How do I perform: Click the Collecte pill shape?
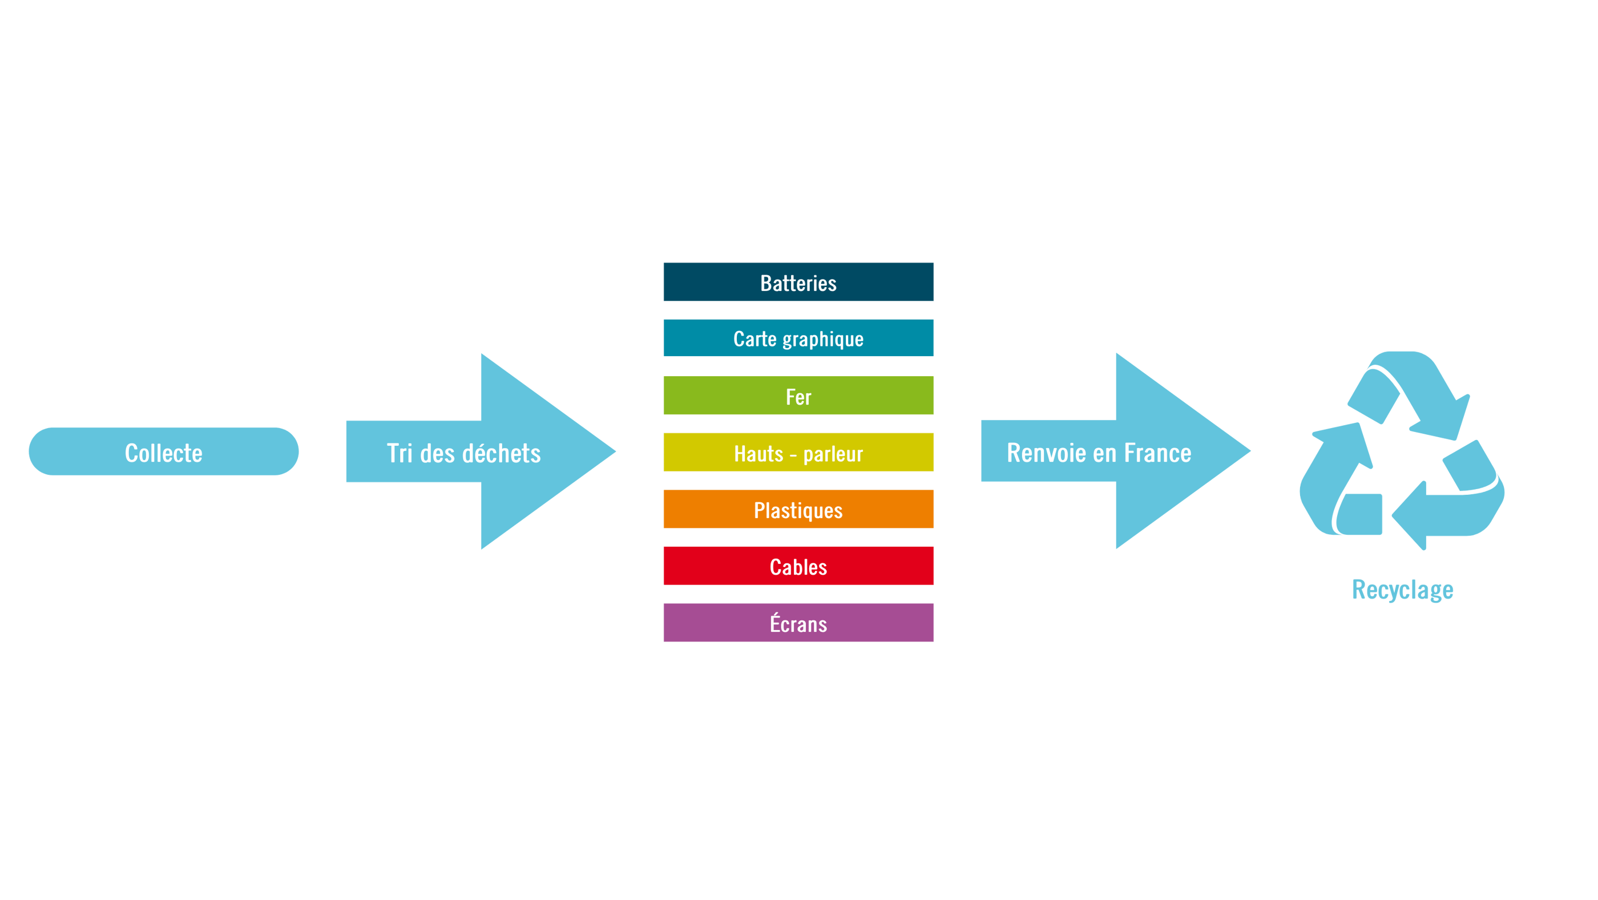coord(163,451)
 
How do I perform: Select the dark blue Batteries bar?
coord(798,282)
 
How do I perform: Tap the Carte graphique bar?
coord(798,338)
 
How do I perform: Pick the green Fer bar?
coord(798,395)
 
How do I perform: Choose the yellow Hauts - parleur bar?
coord(798,453)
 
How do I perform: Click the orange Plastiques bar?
coord(798,509)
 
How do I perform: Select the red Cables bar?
coord(798,566)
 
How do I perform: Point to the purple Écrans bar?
coord(798,623)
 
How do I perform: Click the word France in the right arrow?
coord(1157,453)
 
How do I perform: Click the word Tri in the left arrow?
coord(399,453)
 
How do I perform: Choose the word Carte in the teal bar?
coord(755,338)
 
